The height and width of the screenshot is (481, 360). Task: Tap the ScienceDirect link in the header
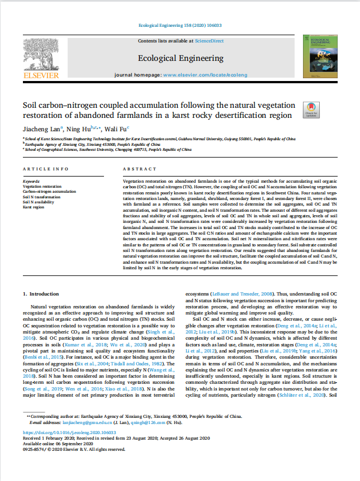[x=209, y=41]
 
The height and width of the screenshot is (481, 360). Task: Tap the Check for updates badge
[x=311, y=109]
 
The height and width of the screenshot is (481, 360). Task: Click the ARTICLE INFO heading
[x=45, y=169]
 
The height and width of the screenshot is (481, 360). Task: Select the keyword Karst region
[x=33, y=207]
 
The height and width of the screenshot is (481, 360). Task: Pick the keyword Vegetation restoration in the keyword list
[x=42, y=187]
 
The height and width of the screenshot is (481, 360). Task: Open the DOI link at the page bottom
[x=69, y=432]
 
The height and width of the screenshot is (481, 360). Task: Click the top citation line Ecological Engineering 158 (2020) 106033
[x=179, y=26]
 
